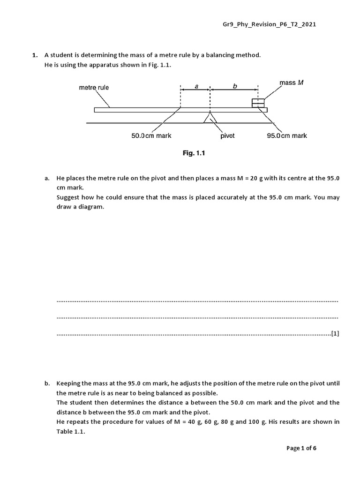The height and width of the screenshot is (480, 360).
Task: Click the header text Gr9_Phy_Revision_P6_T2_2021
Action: pos(269,24)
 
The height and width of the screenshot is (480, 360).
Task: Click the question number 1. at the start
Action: pos(34,55)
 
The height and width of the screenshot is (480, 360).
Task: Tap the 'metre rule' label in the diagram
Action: pos(94,87)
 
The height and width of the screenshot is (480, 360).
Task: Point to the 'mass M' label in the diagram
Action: pos(292,82)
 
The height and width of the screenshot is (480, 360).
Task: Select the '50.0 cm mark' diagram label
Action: pos(151,136)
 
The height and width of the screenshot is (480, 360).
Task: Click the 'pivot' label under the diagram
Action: pos(227,136)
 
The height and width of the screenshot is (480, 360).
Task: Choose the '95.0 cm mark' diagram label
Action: pos(287,136)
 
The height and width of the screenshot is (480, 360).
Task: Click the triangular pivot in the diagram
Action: pos(210,118)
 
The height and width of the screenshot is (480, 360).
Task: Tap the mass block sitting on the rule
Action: pos(258,103)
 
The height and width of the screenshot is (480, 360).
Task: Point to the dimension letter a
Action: pos(196,86)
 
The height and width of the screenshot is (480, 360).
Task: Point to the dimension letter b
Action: pos(235,86)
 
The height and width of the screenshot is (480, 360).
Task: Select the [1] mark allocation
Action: pos(335,334)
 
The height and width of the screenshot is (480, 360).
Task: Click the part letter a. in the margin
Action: pos(47,179)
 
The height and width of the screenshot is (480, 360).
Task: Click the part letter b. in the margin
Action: pos(47,383)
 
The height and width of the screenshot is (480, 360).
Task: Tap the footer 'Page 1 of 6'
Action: pos(301,448)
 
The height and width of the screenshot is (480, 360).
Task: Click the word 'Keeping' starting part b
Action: pos(68,383)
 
